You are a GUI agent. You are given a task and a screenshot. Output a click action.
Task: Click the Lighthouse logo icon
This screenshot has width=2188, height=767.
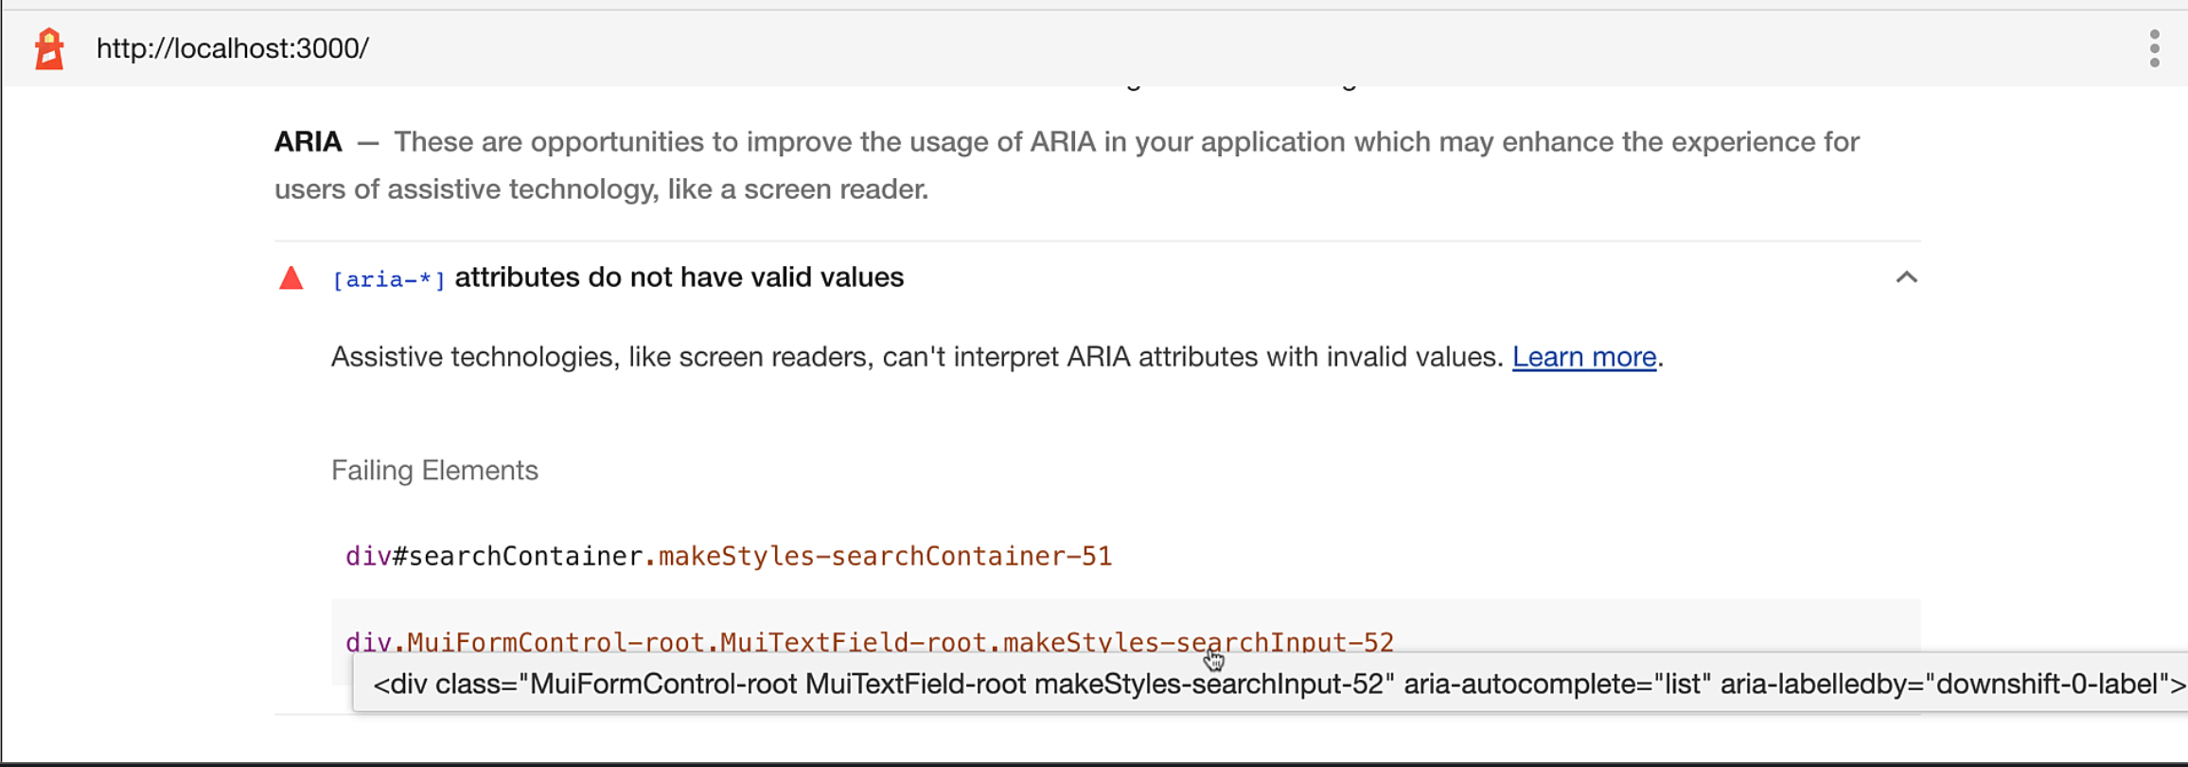pos(49,48)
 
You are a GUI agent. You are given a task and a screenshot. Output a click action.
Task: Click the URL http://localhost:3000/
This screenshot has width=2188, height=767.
pos(232,48)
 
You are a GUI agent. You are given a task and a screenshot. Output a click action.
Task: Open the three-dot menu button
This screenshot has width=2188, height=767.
pos(2154,48)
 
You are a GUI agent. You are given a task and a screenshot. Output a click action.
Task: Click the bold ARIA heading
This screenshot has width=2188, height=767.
pos(308,142)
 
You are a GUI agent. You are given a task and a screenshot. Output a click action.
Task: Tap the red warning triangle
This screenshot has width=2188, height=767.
pos(291,278)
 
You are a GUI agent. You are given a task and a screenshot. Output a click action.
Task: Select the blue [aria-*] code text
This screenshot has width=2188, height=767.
pos(388,279)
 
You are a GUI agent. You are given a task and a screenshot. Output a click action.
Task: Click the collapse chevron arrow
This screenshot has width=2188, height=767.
pos(1906,277)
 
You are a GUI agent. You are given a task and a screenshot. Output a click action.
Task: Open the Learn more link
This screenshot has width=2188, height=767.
pos(1583,357)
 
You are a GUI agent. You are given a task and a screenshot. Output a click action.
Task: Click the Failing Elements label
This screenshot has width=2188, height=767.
pos(434,471)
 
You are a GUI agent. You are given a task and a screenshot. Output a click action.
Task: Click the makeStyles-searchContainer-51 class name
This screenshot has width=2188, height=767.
pos(885,556)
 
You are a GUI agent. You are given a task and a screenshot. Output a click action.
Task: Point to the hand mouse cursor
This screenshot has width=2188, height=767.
pos(1214,660)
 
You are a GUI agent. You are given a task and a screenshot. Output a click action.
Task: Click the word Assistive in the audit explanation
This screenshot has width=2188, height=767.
pos(386,357)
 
